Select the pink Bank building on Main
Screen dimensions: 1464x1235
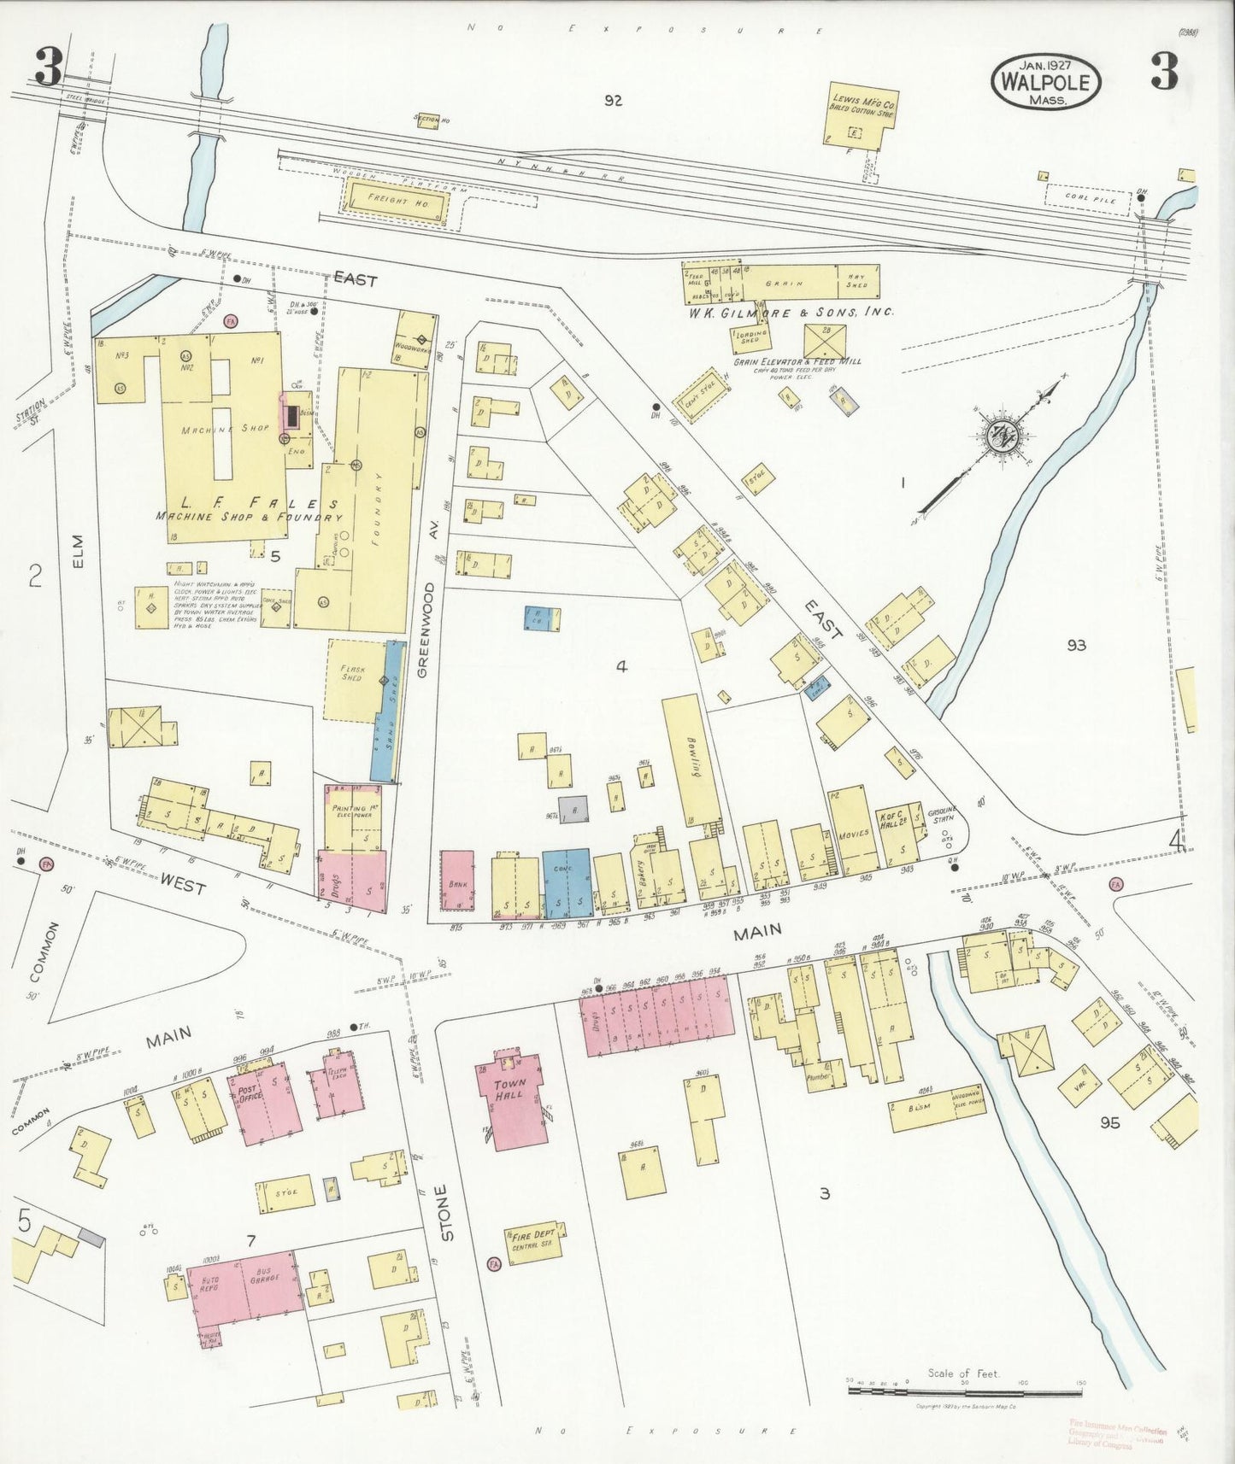pos(456,881)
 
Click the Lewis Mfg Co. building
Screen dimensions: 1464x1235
pos(860,113)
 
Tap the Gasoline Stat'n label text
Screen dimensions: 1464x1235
pos(944,815)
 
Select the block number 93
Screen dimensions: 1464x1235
pos(1075,645)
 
